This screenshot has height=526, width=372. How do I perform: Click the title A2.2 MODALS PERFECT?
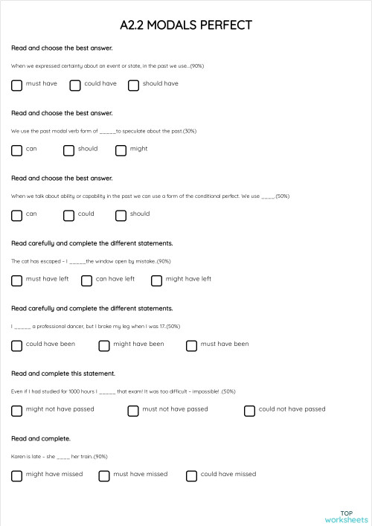coord(186,25)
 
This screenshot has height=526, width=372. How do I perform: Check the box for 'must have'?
coord(17,85)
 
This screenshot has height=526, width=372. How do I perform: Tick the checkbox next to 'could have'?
coord(75,85)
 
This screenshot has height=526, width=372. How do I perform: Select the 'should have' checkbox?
coord(133,85)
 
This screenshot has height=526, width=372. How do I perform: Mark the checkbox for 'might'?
coord(121,150)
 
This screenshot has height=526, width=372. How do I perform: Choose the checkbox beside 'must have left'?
coord(17,280)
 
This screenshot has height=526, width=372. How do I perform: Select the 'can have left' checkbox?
coord(86,280)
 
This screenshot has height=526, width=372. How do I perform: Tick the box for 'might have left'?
coord(156,280)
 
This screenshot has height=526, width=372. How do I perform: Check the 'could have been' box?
coord(17,345)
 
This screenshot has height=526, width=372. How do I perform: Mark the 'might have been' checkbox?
coord(104,345)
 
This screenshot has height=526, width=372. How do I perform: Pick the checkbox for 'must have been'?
coord(191,345)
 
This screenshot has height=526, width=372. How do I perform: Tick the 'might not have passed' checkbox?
coord(17,410)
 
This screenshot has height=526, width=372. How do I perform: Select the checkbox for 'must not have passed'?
coord(133,410)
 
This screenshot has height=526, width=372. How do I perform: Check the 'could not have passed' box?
coord(249,410)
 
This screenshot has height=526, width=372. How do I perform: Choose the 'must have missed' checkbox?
coord(104,475)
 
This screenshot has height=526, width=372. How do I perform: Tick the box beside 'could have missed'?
coord(191,475)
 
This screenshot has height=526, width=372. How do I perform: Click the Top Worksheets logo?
coord(346,516)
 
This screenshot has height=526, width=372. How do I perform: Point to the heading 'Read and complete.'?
coord(41,438)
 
